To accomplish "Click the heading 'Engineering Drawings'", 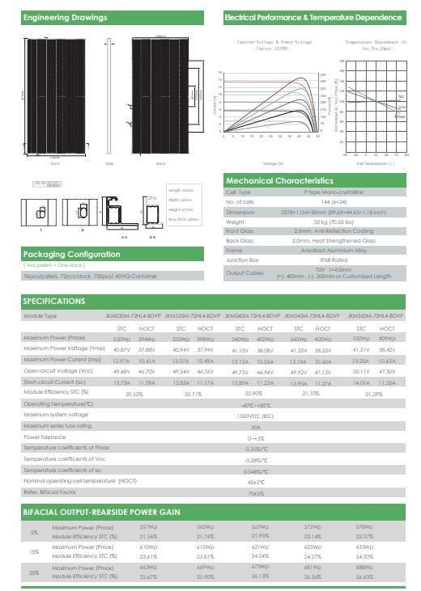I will coord(53,18).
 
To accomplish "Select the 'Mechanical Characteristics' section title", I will coord(279,180).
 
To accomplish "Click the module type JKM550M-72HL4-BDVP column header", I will coord(376,315).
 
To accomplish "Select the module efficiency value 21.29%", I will coord(376,394).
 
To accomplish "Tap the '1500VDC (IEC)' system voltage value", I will coord(256,415).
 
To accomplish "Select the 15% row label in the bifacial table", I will coord(34,551).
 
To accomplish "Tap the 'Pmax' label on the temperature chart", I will coord(400,116).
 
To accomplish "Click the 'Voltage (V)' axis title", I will coord(274,163).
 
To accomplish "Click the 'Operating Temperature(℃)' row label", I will coord(58,403).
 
